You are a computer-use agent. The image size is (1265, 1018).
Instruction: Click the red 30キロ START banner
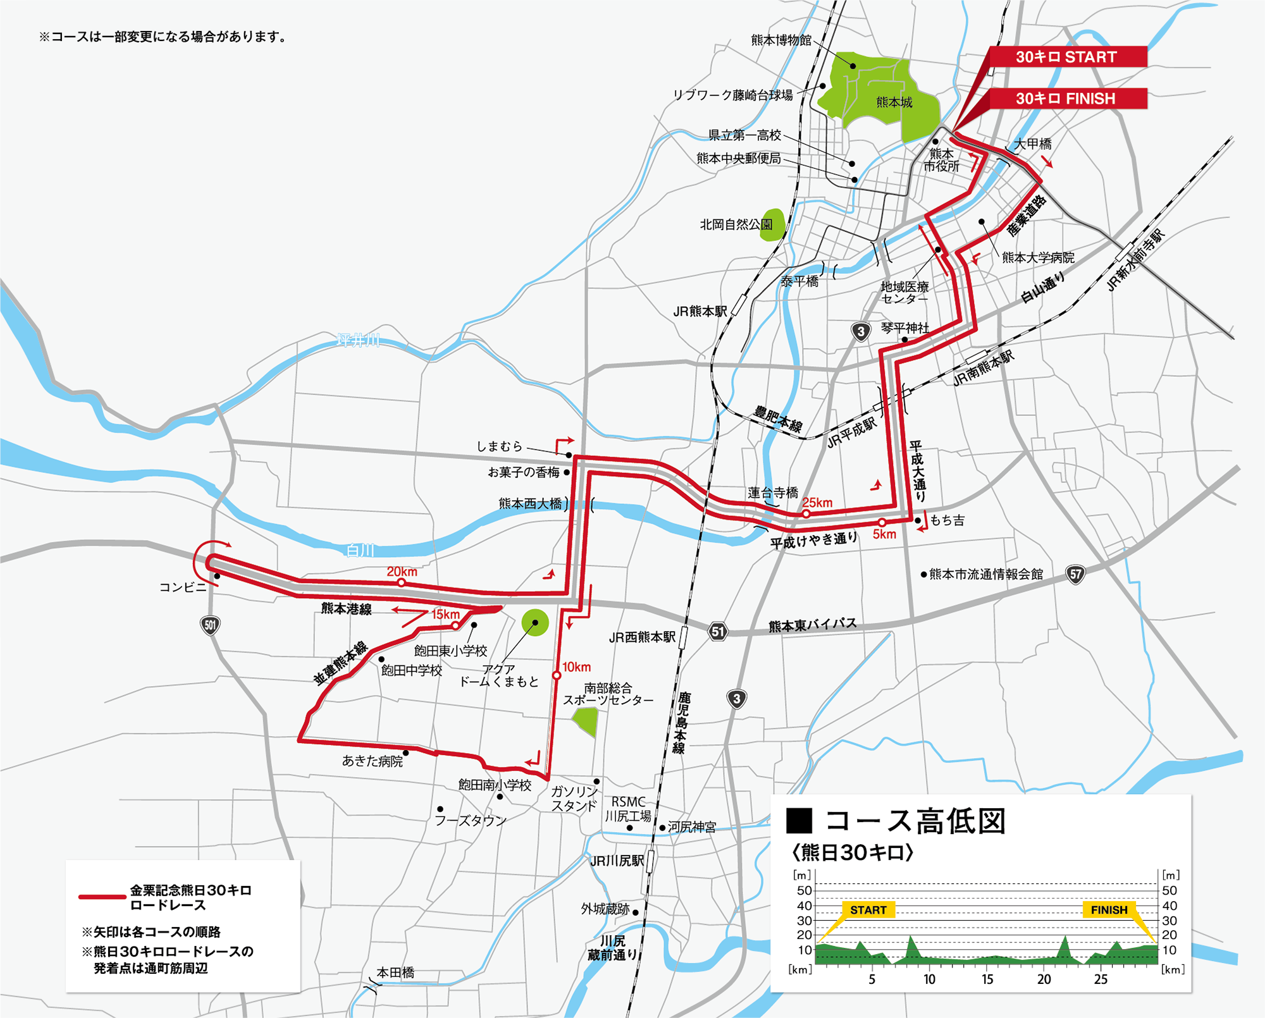(x=1066, y=57)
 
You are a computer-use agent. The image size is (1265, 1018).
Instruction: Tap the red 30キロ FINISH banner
(x=1066, y=99)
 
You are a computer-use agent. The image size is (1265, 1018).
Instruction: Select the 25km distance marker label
(x=817, y=503)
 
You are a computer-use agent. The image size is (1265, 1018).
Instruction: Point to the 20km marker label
(x=402, y=572)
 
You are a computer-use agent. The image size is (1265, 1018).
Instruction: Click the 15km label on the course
(x=445, y=615)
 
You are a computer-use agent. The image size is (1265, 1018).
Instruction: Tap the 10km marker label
(x=576, y=667)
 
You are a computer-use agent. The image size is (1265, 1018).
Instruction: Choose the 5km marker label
(x=884, y=534)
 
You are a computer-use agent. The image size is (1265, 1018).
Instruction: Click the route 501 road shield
(x=210, y=626)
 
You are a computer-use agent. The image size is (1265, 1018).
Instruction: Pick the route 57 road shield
(x=1075, y=574)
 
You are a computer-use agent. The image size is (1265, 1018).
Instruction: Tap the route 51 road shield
(x=717, y=631)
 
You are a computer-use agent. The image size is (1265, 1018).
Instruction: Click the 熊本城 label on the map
(x=894, y=102)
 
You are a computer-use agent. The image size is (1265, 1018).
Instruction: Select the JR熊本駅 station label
(x=700, y=311)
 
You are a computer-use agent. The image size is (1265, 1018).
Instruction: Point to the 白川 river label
(x=361, y=551)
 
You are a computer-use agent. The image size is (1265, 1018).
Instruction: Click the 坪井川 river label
(x=359, y=341)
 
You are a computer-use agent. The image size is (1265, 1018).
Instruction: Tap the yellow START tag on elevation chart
(x=868, y=910)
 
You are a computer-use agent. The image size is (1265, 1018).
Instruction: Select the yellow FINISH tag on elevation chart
(x=1109, y=910)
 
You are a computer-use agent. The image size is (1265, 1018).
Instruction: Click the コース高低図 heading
(x=915, y=821)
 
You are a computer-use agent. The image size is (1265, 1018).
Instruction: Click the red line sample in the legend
(x=102, y=897)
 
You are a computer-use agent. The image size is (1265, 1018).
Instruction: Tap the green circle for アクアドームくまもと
(x=535, y=623)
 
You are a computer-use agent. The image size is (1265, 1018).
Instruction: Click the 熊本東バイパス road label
(x=813, y=625)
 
